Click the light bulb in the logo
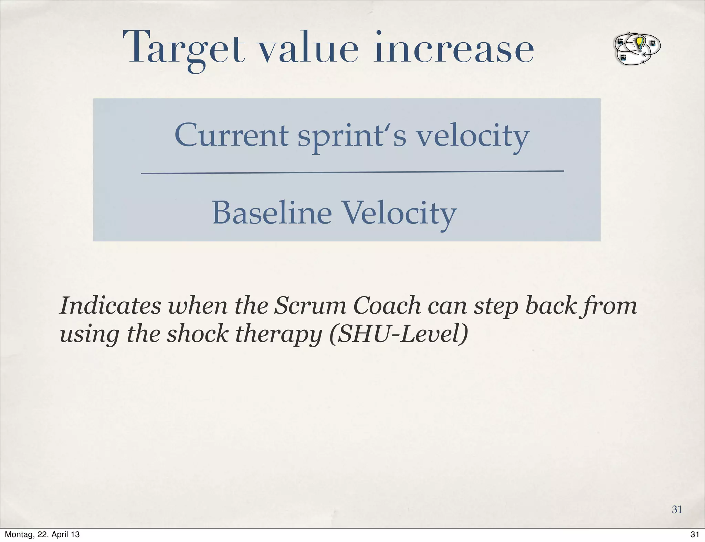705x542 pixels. [639, 43]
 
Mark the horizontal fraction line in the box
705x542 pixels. [352, 172]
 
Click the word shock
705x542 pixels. [197, 334]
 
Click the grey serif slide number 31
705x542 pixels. [677, 509]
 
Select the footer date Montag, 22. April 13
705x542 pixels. [42, 534]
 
